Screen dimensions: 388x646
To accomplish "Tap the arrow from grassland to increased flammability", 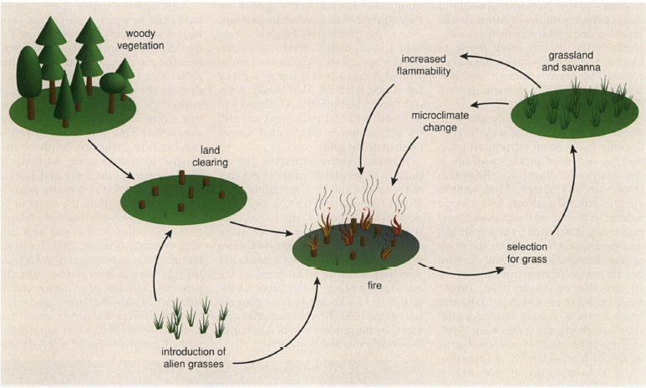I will [x=493, y=61].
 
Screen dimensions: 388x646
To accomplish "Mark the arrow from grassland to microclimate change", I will [x=490, y=105].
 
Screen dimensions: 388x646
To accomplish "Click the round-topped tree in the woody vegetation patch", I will [x=110, y=83].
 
